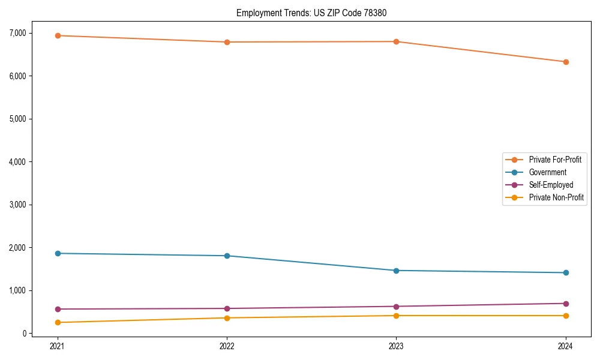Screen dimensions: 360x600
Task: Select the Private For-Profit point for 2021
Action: (x=58, y=35)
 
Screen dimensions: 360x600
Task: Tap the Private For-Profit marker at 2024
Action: (x=566, y=62)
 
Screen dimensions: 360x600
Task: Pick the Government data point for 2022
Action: (x=227, y=256)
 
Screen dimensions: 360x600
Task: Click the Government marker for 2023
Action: (x=396, y=271)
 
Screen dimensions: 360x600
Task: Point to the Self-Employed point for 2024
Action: (x=566, y=304)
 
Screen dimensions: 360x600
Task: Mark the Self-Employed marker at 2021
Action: (x=58, y=309)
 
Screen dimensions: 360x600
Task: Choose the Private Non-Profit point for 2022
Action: (x=227, y=318)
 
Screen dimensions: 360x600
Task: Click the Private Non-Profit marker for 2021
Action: (x=58, y=323)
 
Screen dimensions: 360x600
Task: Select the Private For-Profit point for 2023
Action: (x=396, y=41)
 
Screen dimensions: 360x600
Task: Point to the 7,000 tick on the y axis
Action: (x=17, y=33)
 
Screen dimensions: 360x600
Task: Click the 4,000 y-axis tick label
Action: (x=17, y=162)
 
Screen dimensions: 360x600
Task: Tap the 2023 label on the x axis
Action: (x=396, y=346)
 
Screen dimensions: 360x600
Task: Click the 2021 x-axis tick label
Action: (x=58, y=346)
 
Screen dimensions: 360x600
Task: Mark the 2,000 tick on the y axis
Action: (x=17, y=248)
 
